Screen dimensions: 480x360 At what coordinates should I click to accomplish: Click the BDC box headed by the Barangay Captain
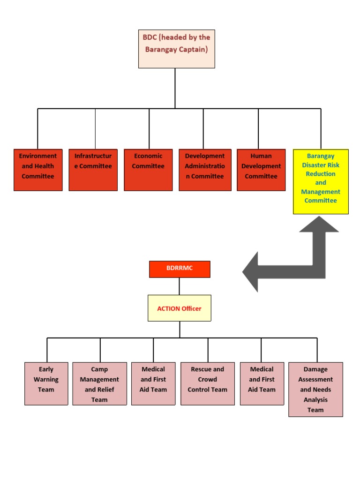[x=176, y=49]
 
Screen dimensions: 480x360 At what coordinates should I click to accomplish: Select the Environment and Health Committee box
[x=38, y=170]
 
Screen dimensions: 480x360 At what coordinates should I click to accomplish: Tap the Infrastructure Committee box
[x=93, y=170]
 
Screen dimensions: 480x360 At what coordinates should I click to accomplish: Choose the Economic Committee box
[x=148, y=170]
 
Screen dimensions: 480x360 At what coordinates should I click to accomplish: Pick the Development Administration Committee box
[x=205, y=170]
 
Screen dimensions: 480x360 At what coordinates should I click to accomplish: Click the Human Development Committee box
[x=261, y=170]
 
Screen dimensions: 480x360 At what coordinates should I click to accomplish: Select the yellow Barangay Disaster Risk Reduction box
[x=321, y=182]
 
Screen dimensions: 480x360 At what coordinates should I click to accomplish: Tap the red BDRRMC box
[x=180, y=269]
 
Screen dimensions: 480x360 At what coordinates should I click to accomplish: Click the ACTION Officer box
[x=180, y=308]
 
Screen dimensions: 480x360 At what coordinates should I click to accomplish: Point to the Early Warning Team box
[x=46, y=383]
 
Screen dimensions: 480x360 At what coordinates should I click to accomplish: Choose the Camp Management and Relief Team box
[x=99, y=383]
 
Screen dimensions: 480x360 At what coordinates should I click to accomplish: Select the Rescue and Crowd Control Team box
[x=208, y=383]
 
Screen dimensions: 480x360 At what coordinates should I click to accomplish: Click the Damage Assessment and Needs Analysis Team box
[x=315, y=389]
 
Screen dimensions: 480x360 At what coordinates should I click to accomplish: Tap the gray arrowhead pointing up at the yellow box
[x=319, y=225]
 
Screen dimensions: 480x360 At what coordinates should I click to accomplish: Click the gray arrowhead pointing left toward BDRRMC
[x=251, y=272]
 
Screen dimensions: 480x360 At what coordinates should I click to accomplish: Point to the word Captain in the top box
[x=193, y=49]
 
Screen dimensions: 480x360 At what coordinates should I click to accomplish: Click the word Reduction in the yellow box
[x=321, y=174]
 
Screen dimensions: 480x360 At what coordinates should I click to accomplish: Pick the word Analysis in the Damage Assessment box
[x=315, y=400]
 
